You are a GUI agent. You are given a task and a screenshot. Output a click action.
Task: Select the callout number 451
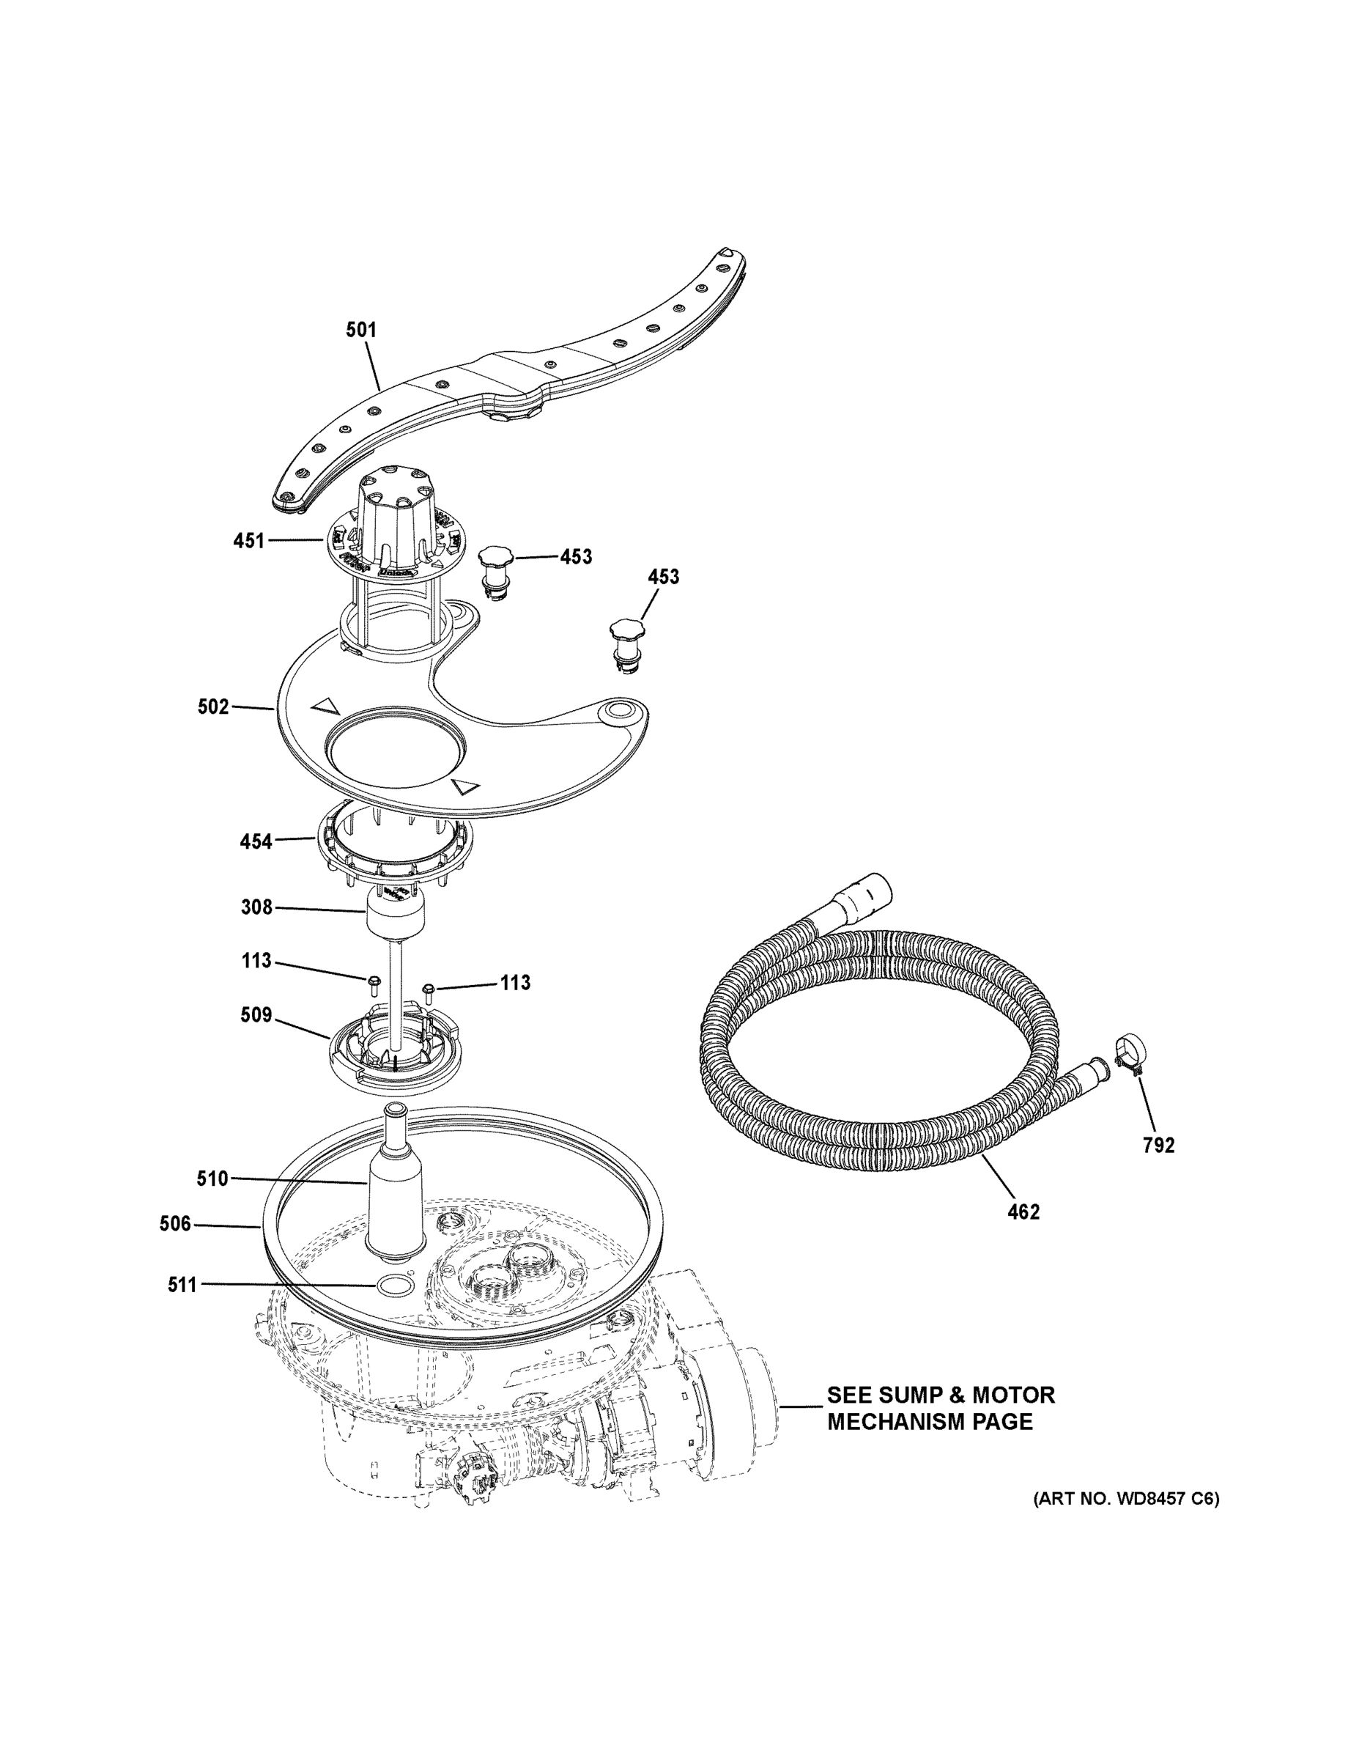click(x=249, y=540)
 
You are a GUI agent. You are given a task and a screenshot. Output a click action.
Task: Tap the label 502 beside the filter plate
click(x=213, y=707)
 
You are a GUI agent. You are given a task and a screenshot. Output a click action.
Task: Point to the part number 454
click(x=256, y=842)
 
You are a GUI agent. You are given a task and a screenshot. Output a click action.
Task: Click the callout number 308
click(x=257, y=907)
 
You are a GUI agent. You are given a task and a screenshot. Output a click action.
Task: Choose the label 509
click(x=256, y=1016)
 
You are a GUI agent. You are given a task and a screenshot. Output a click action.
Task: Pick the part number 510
click(x=212, y=1179)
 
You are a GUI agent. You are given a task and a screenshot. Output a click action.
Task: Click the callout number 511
click(x=182, y=1285)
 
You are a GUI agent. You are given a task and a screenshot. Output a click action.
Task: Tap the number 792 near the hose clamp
click(x=1158, y=1146)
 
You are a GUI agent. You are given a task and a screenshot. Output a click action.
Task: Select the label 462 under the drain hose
click(x=1023, y=1212)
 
